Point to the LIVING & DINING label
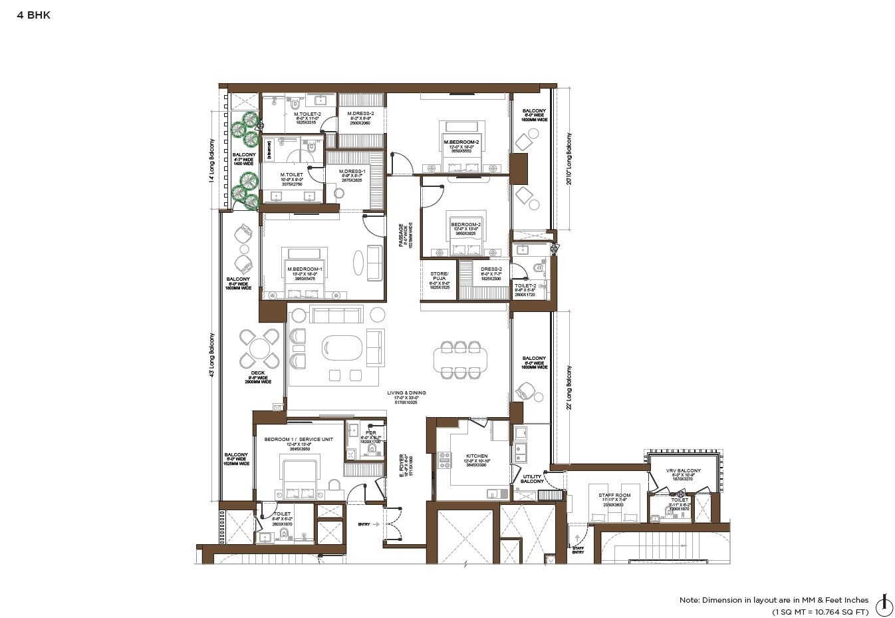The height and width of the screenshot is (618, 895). point(406,393)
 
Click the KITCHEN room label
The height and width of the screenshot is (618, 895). point(477,456)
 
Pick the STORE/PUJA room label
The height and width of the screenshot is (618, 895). point(440,277)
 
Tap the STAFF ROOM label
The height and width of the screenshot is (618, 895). point(614,496)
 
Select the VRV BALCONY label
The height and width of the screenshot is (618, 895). point(683,471)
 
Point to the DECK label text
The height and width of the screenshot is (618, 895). point(258,374)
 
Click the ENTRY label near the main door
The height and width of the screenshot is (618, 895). point(364,524)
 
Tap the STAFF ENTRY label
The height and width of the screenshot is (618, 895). point(578,549)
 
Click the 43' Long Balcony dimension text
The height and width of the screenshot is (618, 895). point(212,355)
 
